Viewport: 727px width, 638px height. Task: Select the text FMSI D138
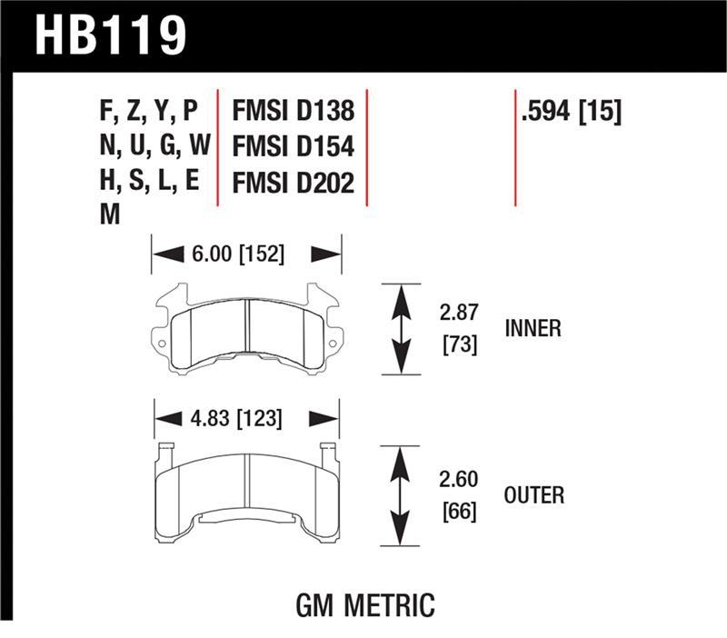tap(293, 113)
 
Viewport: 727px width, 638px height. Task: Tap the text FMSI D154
tap(293, 147)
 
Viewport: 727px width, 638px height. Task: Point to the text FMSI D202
tap(293, 182)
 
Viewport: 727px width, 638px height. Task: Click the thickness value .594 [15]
tap(570, 113)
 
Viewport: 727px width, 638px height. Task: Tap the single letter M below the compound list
tap(108, 215)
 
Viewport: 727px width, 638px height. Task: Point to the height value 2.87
tap(458, 314)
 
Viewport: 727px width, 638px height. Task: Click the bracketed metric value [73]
tap(458, 344)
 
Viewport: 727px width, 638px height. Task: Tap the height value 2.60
tap(458, 479)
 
